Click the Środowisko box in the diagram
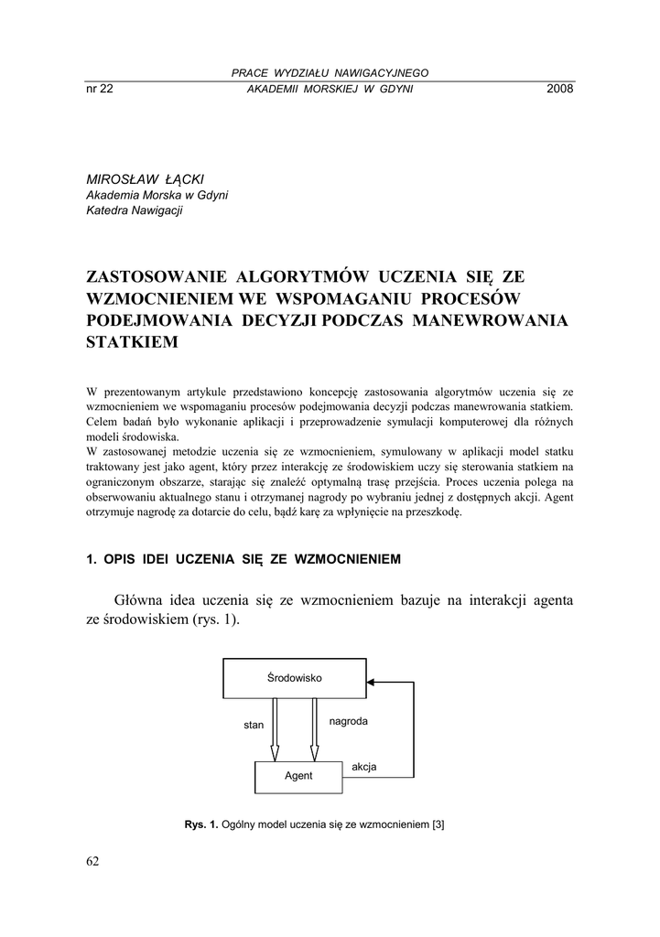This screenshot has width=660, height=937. pos(294,678)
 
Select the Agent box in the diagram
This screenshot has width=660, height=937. pos(298,776)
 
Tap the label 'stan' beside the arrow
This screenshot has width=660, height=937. pos(254,725)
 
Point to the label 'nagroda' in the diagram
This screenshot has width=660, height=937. pos(348,721)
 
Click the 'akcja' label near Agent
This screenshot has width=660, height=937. pos(364,767)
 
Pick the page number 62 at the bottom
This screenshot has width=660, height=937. pos(92,861)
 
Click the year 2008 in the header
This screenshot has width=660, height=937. pos(559,89)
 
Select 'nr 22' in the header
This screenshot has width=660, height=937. pos(99,89)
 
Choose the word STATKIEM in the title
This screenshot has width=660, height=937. pos(132,342)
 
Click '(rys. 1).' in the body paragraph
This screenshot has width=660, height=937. pos(216,620)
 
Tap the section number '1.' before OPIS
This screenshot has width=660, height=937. pos(91,558)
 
